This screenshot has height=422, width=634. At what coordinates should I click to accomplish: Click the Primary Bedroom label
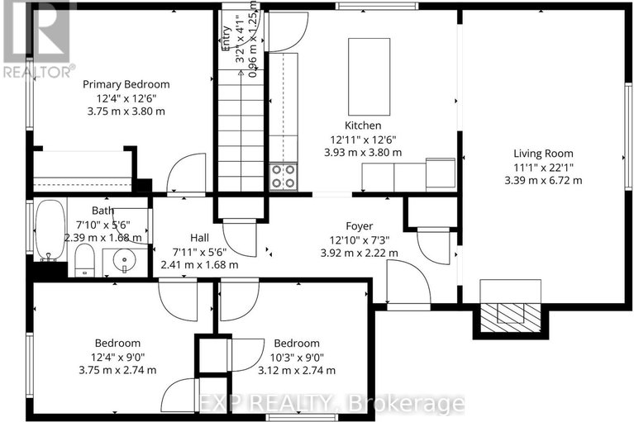(x=126, y=84)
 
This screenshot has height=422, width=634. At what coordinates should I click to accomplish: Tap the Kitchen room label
(x=363, y=126)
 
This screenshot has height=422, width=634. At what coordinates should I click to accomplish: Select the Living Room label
(x=542, y=153)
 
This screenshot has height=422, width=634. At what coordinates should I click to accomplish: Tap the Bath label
(x=103, y=211)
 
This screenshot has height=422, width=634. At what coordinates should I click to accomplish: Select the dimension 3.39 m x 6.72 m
(x=542, y=179)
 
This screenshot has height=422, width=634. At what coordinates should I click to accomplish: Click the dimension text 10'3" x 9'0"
(x=298, y=357)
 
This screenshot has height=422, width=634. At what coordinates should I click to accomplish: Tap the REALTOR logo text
(x=38, y=72)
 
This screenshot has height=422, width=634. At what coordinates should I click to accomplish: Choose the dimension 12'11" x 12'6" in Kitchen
(x=363, y=139)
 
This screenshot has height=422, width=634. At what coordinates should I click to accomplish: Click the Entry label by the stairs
(x=225, y=40)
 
